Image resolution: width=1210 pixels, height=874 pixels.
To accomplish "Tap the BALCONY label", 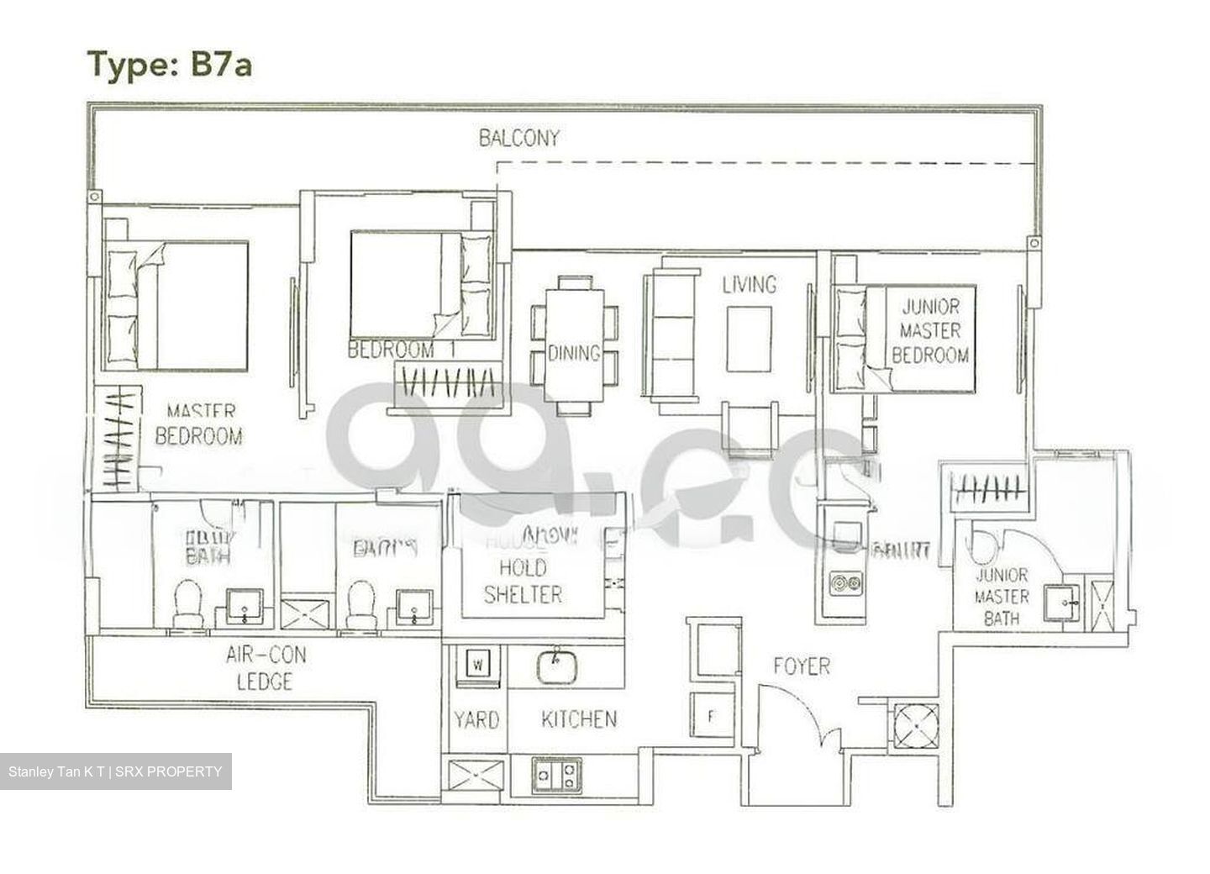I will pyautogui.click(x=518, y=138).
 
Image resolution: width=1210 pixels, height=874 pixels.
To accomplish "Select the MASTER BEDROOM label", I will pyautogui.click(x=199, y=424).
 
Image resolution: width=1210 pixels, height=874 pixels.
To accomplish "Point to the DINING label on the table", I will pyautogui.click(x=574, y=353).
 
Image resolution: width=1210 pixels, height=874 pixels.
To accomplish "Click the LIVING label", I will pyautogui.click(x=749, y=285).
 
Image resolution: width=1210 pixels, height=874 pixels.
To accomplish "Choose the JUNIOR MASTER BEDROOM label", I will pyautogui.click(x=929, y=330).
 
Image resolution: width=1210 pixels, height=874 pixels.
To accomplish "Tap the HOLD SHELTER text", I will pyautogui.click(x=523, y=581).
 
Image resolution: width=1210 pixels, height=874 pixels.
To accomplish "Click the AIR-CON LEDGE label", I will pyautogui.click(x=265, y=668).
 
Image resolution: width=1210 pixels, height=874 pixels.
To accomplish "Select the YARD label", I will pyautogui.click(x=476, y=719).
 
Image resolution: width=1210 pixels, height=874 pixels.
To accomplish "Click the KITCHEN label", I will pyautogui.click(x=578, y=719).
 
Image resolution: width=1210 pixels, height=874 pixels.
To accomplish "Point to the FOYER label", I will pyautogui.click(x=801, y=667).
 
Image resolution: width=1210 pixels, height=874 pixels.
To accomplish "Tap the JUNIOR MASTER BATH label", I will pyautogui.click(x=1001, y=597).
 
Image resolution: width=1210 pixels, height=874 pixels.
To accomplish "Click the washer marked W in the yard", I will pyautogui.click(x=477, y=665).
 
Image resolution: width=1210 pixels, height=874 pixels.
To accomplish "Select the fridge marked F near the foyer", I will pyautogui.click(x=711, y=717).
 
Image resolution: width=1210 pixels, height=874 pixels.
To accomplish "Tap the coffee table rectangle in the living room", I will pyautogui.click(x=749, y=339).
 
